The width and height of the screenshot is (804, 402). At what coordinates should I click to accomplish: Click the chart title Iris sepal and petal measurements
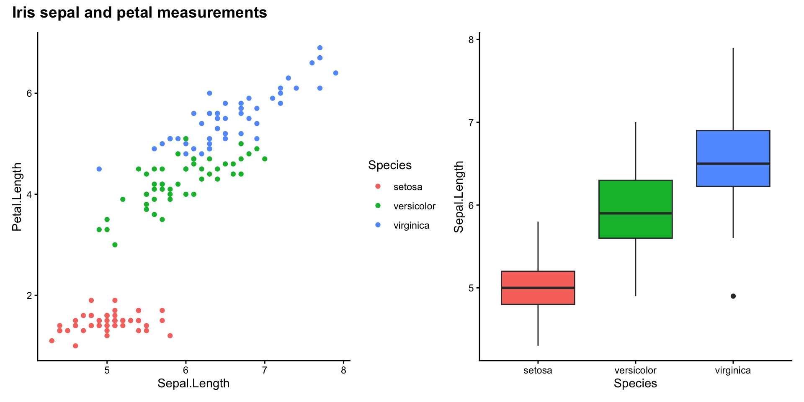coord(139,13)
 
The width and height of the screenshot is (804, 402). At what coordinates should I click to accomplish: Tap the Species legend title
coord(389,165)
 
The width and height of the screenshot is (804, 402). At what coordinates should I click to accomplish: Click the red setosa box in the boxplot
coord(538,293)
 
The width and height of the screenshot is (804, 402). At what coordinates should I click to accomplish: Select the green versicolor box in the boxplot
coord(635,197)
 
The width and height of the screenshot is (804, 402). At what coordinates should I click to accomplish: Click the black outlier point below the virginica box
coord(733,296)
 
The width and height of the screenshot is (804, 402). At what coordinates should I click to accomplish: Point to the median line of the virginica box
coord(733,163)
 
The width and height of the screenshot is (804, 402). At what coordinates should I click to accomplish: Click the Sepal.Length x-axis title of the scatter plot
coord(193,383)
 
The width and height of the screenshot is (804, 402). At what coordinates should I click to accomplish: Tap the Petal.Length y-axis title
coord(17,197)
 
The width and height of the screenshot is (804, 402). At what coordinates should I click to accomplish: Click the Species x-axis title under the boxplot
coord(635,383)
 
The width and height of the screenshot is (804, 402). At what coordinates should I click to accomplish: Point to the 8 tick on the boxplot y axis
coord(471,40)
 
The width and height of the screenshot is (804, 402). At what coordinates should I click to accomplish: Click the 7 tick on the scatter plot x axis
coord(264,370)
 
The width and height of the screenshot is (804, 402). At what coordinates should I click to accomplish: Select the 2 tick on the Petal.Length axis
coord(29,296)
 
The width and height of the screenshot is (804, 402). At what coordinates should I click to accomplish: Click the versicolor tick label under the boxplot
coord(635,370)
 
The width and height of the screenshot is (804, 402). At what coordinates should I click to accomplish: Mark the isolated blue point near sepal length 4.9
coord(99,169)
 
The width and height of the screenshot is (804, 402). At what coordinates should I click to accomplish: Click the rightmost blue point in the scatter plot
coord(335,73)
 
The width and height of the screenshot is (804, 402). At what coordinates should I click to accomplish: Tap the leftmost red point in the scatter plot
coord(52,340)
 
